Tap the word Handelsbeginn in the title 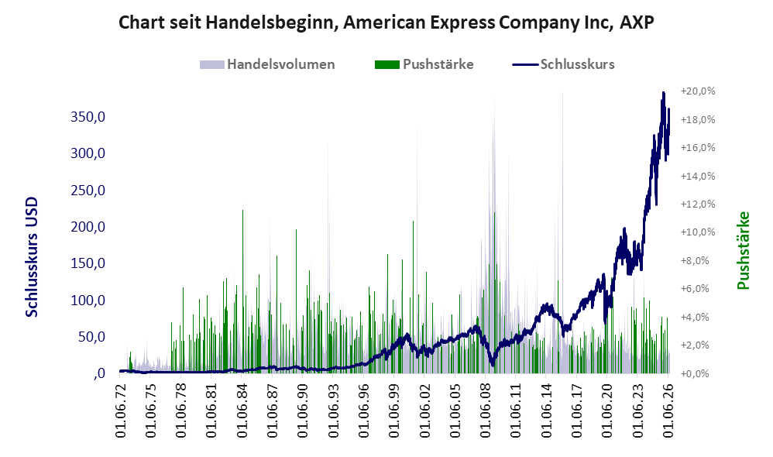point(270,23)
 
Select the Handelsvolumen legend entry point(267,64)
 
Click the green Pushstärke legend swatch point(387,64)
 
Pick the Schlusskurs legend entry point(563,64)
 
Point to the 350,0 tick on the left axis point(88,117)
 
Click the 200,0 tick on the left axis point(88,227)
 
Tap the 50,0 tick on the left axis point(91,337)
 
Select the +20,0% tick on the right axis point(698,91)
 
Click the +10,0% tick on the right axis point(698,232)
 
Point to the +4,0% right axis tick point(698,317)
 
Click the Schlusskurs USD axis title point(32,257)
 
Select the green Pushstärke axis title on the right point(744,250)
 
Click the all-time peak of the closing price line point(664,93)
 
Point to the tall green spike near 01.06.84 point(242,291)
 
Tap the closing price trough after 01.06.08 point(492,365)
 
